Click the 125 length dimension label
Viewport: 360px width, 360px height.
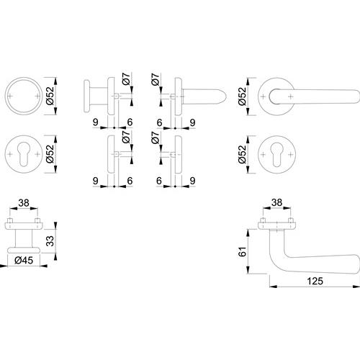click(315, 281)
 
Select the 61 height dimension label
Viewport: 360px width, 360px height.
click(243, 251)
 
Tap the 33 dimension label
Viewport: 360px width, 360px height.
click(50, 241)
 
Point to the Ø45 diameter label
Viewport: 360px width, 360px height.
click(24, 260)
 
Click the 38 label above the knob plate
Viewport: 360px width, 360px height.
click(24, 203)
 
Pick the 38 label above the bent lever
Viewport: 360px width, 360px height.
click(276, 202)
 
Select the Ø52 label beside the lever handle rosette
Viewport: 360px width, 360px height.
click(243, 96)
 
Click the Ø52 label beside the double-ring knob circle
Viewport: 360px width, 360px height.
click(50, 96)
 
